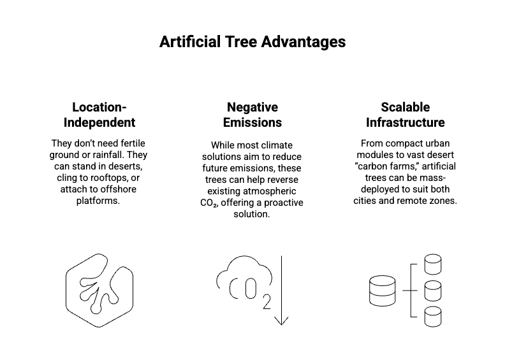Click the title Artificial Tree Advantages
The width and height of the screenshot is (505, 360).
252,42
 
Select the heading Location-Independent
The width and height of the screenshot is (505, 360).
99,115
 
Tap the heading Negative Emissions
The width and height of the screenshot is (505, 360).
252,115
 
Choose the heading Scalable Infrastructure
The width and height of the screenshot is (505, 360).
405,115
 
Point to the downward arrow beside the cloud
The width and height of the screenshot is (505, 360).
281,291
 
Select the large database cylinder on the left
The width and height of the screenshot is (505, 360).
383,291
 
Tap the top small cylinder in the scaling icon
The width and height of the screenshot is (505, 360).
433,264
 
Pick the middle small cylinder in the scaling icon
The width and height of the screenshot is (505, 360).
433,291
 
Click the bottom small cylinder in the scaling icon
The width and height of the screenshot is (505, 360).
433,317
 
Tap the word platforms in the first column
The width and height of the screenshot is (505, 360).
98,201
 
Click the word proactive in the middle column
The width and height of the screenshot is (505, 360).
283,203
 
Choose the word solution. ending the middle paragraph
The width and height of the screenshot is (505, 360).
251,214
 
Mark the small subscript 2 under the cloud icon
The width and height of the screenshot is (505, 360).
267,302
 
